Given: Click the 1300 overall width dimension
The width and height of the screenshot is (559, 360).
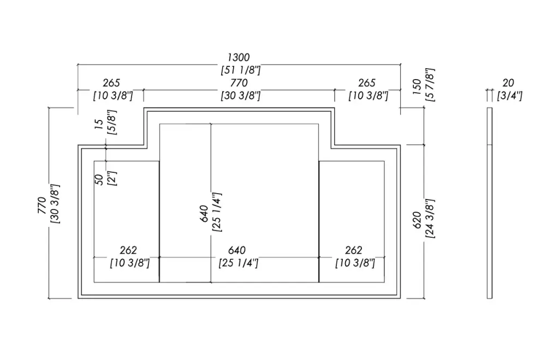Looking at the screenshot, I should tap(239, 57).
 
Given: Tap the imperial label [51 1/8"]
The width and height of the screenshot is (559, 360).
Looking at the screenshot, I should tap(240, 70).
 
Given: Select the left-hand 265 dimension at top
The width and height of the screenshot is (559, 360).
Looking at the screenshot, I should tap(111, 83).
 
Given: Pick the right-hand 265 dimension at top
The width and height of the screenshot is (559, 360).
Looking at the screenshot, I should tap(367, 83).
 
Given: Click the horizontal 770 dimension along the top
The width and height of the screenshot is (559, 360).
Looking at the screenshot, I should tap(239, 83).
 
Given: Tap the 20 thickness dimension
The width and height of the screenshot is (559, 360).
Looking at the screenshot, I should tap(508, 83).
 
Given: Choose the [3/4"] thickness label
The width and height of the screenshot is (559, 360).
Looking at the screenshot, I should tap(510, 95).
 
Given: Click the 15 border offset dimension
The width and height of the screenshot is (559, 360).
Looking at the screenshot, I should tap(99, 125).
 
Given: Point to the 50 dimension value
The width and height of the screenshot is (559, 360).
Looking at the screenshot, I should tap(99, 179).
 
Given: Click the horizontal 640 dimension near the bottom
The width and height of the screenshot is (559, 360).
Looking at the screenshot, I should tap(237, 250).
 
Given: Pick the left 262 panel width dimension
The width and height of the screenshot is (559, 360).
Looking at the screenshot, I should tap(128, 250).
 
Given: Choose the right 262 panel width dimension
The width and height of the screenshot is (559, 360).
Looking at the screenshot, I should tap(354, 250).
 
